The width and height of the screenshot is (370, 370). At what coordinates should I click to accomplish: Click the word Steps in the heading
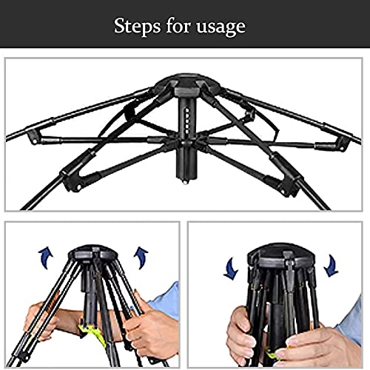(x=137, y=26)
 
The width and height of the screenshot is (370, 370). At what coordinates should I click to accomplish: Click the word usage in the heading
(x=221, y=27)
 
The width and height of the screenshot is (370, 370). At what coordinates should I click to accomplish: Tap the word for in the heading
(x=178, y=25)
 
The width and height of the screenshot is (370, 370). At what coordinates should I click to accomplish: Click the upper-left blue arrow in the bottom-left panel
(x=45, y=258)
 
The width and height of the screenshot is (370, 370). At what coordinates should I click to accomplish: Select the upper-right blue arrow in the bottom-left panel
(x=141, y=258)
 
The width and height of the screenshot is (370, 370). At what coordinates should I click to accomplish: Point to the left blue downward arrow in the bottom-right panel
(x=231, y=269)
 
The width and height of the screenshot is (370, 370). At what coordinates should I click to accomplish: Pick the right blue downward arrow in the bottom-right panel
(x=331, y=266)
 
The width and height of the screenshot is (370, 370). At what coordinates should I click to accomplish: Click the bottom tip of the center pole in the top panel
(x=185, y=182)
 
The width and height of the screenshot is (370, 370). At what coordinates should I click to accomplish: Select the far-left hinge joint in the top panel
(x=33, y=137)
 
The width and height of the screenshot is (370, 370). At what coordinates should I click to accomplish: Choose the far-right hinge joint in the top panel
(x=343, y=143)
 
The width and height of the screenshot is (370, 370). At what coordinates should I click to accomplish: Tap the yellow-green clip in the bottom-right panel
(x=272, y=354)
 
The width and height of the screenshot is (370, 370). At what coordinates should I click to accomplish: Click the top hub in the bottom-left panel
(x=92, y=252)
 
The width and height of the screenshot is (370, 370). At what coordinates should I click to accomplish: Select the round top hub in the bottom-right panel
(x=281, y=257)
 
